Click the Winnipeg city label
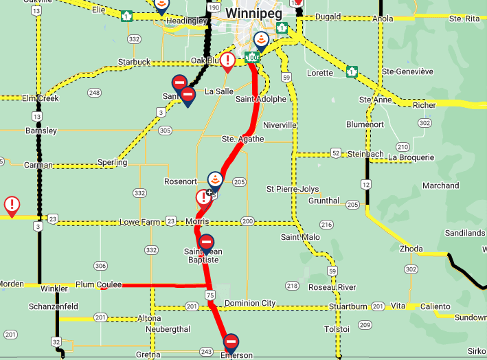click(x=252, y=13)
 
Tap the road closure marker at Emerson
click(x=231, y=341)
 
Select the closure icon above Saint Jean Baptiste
click(x=206, y=243)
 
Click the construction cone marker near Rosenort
click(x=215, y=180)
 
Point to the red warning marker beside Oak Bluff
click(x=227, y=60)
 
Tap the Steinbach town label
click(x=365, y=153)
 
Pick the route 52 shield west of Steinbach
click(x=335, y=153)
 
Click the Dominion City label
click(x=250, y=303)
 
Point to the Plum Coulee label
click(x=94, y=284)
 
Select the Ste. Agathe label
click(x=238, y=139)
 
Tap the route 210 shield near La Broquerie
click(x=403, y=147)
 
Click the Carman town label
click(x=38, y=166)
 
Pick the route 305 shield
click(x=164, y=130)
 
